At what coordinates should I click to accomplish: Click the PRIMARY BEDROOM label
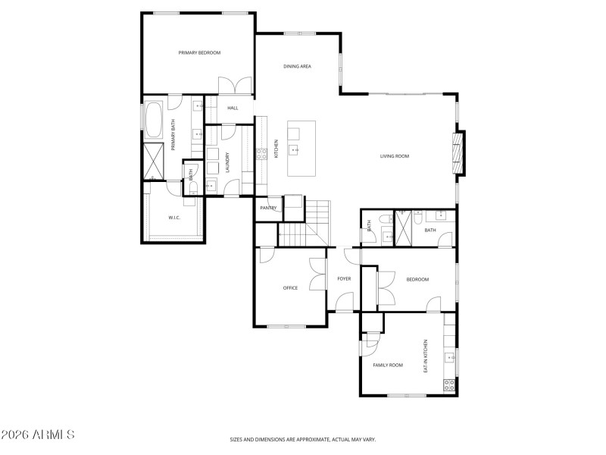tap(199, 52)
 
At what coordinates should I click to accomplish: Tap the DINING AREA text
tap(297, 67)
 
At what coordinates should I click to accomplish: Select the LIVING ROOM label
tap(395, 156)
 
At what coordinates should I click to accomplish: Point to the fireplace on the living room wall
tap(458, 152)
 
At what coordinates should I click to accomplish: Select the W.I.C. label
tap(174, 218)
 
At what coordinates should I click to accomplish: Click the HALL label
tap(233, 108)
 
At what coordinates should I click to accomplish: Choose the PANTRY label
tap(267, 208)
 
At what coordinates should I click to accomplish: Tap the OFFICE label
tap(289, 288)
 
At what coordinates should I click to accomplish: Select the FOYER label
tap(344, 279)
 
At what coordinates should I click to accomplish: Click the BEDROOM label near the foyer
tap(417, 280)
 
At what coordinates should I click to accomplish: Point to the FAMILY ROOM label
tap(388, 366)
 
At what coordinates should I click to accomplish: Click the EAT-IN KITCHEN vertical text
tap(426, 356)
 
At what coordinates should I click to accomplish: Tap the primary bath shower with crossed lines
tap(155, 160)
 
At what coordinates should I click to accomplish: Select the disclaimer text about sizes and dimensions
tap(303, 439)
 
